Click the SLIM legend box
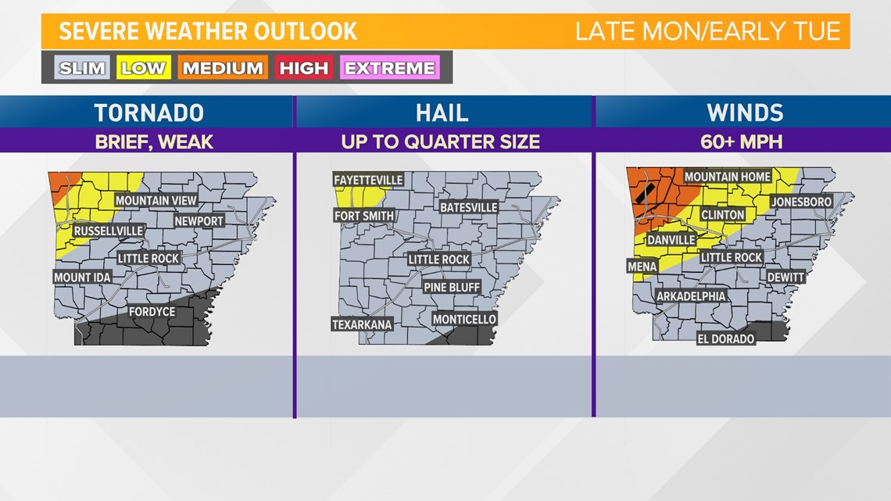click(x=82, y=68)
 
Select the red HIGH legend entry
click(x=304, y=68)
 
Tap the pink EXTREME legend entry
click(x=389, y=68)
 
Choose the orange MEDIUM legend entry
click(x=223, y=68)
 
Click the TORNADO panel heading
click(x=148, y=113)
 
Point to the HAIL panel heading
click(x=442, y=113)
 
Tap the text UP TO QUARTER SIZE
click(x=440, y=142)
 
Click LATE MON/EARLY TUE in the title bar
click(x=707, y=31)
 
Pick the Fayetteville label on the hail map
click(x=369, y=180)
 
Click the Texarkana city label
click(x=362, y=324)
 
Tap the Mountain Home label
click(x=727, y=177)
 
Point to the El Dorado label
click(x=726, y=339)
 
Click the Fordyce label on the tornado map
click(x=152, y=312)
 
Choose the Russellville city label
click(x=109, y=231)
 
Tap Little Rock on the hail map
click(x=438, y=259)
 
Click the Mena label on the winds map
click(x=642, y=267)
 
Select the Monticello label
click(x=464, y=319)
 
